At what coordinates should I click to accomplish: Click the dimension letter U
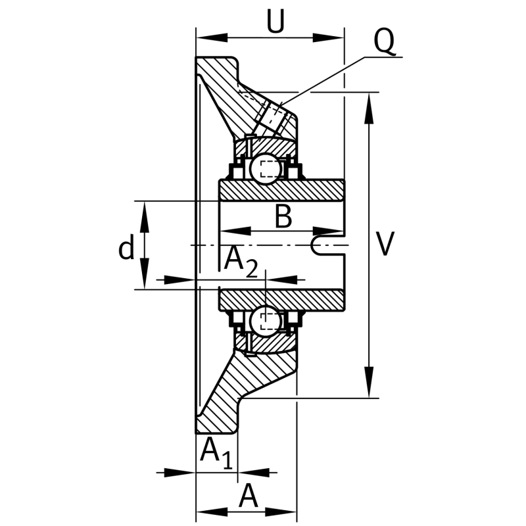[275, 21]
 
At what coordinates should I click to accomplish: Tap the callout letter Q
[385, 41]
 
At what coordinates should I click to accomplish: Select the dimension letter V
[384, 243]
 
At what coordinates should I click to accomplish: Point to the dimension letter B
[283, 216]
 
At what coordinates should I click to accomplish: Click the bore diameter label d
[126, 247]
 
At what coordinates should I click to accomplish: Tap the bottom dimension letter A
[249, 496]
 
